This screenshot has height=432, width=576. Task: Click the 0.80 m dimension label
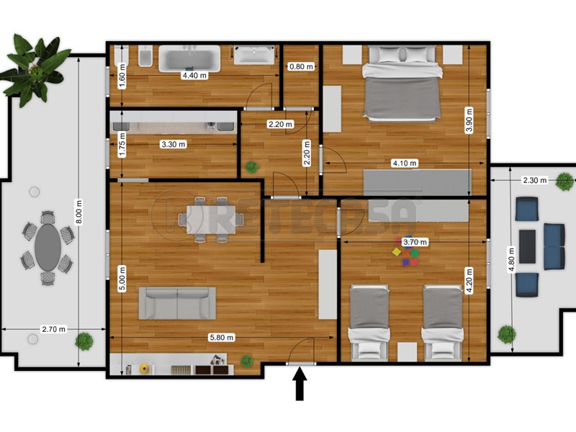click(x=301, y=67)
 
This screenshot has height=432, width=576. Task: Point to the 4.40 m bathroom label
click(x=194, y=76)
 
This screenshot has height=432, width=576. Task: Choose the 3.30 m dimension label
click(x=173, y=144)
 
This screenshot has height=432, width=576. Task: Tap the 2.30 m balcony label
click(x=534, y=180)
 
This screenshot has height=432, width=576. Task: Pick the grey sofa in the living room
click(x=177, y=302)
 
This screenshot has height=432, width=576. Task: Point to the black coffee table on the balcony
click(x=527, y=246)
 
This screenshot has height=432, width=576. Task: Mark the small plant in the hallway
click(x=252, y=167)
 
